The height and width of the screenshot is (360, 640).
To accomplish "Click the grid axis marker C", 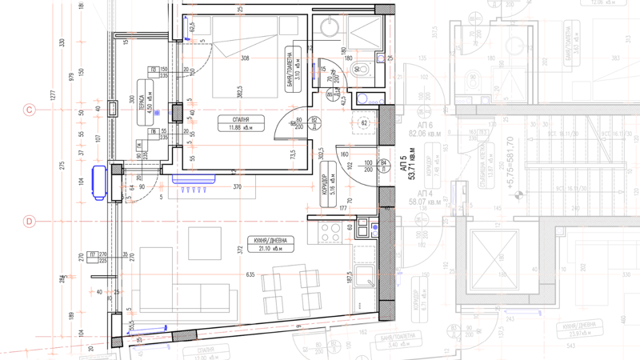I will click(x=30, y=110).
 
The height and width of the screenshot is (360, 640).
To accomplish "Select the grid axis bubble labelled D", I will click(x=30, y=221).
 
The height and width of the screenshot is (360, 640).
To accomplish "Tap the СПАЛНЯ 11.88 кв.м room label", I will click(x=236, y=123).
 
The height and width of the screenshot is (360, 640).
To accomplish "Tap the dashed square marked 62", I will click(x=365, y=123).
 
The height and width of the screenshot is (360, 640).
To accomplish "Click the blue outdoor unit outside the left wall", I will click(x=100, y=182).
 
